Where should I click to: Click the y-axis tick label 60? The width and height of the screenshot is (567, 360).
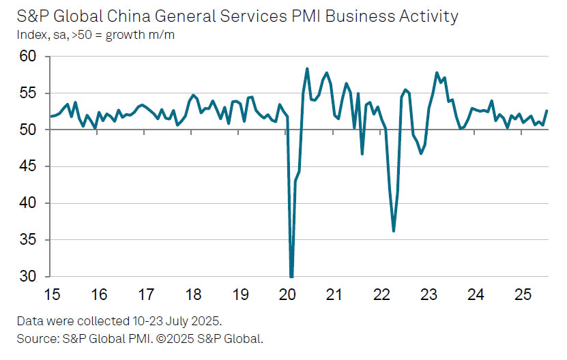(29, 57)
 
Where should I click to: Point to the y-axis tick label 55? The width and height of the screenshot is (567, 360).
(29, 93)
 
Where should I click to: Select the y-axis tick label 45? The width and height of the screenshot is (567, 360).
(29, 167)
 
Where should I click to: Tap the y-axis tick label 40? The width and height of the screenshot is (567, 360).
(29, 204)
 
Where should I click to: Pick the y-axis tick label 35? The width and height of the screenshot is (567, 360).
(29, 241)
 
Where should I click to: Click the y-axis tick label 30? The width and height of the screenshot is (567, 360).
(29, 277)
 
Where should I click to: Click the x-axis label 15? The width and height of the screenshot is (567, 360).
(51, 295)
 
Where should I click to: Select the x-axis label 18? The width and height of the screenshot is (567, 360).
(192, 295)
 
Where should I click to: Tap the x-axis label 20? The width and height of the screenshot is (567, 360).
(287, 295)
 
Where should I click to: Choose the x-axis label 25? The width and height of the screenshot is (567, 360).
(523, 295)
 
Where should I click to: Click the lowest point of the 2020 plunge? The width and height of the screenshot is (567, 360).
(291, 276)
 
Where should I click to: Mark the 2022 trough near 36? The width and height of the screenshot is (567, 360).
(394, 231)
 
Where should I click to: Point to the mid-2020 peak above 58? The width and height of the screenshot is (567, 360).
(307, 69)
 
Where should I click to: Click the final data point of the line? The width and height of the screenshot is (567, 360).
(547, 111)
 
